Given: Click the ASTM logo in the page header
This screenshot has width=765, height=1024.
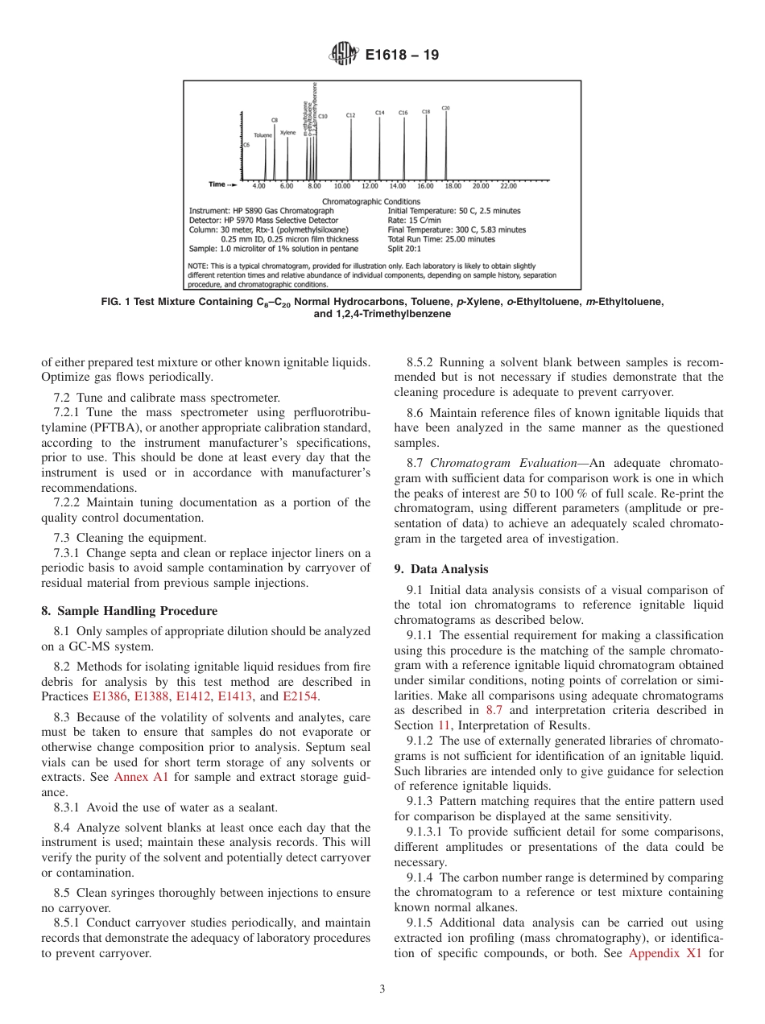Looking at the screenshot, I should tap(345, 56).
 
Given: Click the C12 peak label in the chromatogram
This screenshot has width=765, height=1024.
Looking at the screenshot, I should tap(350, 116).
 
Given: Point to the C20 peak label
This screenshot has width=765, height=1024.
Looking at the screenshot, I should tap(446, 107).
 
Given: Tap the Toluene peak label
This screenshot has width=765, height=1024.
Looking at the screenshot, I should tap(263, 135).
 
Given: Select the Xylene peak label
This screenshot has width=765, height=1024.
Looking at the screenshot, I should tap(287, 133).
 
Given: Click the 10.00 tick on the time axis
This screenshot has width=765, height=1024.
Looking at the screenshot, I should tap(342, 186).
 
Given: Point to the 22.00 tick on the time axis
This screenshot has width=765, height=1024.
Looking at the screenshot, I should tap(508, 186).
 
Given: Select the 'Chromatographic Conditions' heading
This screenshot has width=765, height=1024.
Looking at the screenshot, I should tap(370, 201).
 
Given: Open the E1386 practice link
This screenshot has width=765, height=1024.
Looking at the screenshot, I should tap(110, 696).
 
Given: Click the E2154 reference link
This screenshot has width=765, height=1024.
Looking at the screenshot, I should tap(300, 696).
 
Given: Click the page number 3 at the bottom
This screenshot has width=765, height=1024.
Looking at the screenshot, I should tap(382, 989).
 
